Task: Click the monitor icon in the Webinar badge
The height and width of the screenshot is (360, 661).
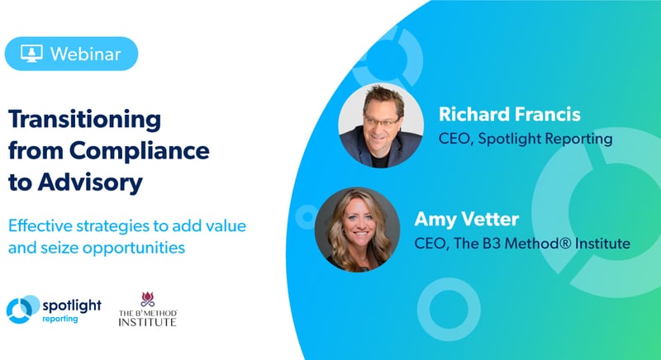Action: click(x=31, y=54)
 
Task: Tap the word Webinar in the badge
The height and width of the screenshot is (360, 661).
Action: click(x=86, y=54)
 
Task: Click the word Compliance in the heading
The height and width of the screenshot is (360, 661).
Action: click(x=140, y=151)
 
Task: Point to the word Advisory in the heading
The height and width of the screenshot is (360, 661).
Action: click(x=90, y=182)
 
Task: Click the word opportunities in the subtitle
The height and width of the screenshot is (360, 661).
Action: click(x=134, y=248)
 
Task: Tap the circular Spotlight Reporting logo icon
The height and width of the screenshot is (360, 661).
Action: click(x=22, y=310)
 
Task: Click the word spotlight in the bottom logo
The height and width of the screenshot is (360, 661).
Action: click(x=72, y=306)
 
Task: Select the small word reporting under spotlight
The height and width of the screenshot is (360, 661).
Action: click(x=59, y=320)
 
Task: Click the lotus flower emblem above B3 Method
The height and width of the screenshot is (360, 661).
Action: click(x=148, y=299)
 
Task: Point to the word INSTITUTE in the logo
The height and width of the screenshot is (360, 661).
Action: click(x=148, y=322)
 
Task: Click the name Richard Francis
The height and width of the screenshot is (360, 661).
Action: click(x=510, y=115)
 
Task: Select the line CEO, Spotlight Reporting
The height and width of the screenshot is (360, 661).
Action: click(x=525, y=139)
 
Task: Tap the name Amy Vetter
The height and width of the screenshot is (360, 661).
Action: click(x=466, y=220)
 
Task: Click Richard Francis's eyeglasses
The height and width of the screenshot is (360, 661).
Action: click(x=381, y=121)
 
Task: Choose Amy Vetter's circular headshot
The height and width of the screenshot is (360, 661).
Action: click(x=357, y=230)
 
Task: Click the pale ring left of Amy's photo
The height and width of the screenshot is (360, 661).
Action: click(x=307, y=217)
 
